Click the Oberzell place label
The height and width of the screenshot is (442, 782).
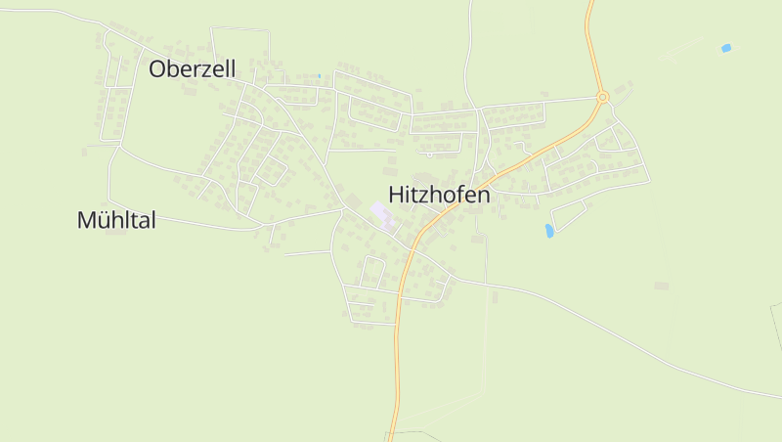(x=193, y=68)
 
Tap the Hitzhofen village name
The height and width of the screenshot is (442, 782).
(x=439, y=195)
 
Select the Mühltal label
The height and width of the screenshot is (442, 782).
(x=116, y=220)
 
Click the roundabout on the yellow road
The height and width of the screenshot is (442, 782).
(x=602, y=97)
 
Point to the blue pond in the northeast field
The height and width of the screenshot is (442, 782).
(x=725, y=48)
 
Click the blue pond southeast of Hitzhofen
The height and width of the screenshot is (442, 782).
(x=549, y=231)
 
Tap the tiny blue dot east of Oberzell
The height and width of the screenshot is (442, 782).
(x=319, y=76)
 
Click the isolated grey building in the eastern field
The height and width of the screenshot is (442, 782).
(x=661, y=286)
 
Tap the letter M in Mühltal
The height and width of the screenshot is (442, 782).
(x=86, y=220)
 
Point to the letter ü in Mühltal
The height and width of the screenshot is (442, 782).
(x=104, y=220)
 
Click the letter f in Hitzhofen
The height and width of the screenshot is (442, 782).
(x=456, y=194)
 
